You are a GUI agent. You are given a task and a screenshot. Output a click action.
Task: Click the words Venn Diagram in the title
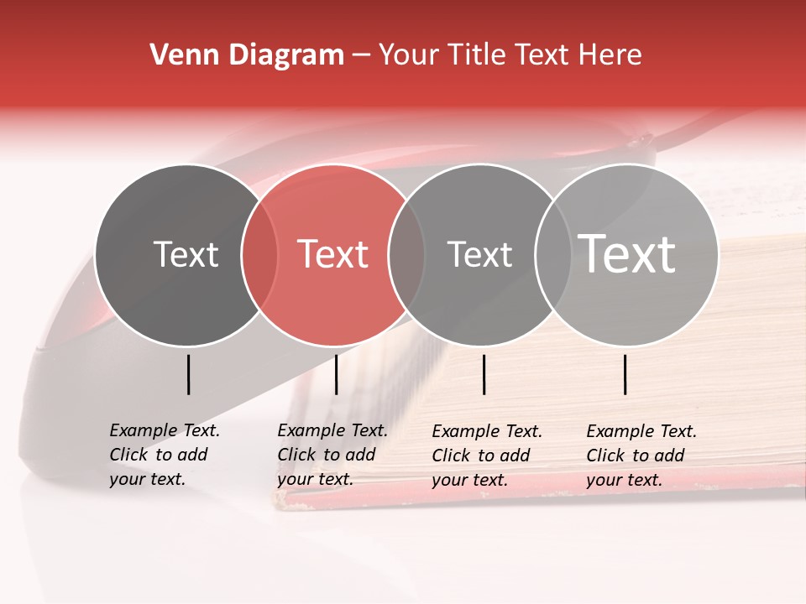(247, 55)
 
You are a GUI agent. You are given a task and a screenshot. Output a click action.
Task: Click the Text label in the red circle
(333, 254)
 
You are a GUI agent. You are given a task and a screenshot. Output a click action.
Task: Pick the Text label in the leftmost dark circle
(186, 254)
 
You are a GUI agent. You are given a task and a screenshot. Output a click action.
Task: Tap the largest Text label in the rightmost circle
(627, 253)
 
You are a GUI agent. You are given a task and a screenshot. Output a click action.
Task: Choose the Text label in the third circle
(479, 254)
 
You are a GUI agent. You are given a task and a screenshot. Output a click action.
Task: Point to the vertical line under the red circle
(336, 374)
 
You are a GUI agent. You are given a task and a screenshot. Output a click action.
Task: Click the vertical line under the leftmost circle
(188, 374)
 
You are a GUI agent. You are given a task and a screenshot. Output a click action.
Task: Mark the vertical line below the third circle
(484, 374)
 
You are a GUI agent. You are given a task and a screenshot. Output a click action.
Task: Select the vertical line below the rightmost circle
(625, 374)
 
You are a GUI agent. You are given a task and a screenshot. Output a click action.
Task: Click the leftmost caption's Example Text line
(165, 430)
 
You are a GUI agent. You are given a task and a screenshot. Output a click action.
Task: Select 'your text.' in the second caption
(315, 479)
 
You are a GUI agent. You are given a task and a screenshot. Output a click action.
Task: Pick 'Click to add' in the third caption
(481, 456)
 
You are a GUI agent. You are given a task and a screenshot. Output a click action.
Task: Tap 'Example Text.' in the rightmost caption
(641, 431)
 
